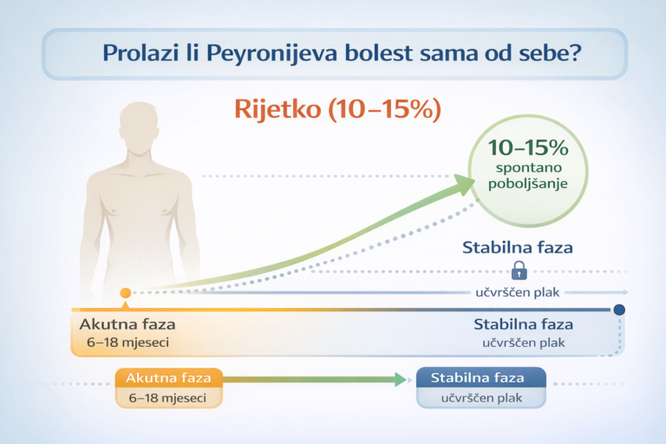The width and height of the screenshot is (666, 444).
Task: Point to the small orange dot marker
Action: click(x=126, y=293)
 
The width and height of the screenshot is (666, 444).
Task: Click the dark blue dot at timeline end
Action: click(x=620, y=310)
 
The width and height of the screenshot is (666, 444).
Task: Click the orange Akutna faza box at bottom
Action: click(x=169, y=379)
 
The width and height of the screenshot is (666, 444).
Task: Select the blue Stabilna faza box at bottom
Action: click(x=480, y=379)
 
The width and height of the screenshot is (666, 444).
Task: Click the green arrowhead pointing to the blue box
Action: click(x=400, y=379)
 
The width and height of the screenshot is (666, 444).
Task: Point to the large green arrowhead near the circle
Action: click(x=463, y=183)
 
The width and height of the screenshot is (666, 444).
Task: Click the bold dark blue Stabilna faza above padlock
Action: click(x=518, y=247)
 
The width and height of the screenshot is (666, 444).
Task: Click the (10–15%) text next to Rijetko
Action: click(x=386, y=109)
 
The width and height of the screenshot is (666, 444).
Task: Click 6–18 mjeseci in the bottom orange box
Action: click(x=170, y=398)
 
